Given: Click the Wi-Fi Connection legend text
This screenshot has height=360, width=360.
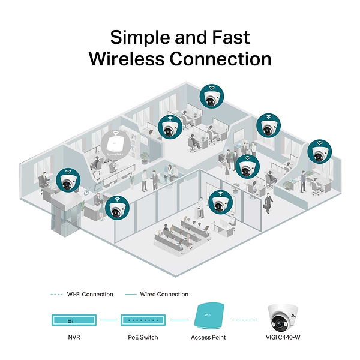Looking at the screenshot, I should click(x=90, y=295).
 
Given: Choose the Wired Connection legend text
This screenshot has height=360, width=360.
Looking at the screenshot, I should click(x=164, y=295).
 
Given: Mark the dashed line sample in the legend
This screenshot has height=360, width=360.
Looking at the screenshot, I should click(x=56, y=295).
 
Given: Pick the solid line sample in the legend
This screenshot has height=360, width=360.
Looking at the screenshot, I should click(x=130, y=295).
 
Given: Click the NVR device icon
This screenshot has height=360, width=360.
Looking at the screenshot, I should click(x=70, y=320).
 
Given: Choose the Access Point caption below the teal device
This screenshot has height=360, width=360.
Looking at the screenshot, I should click(x=209, y=337).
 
